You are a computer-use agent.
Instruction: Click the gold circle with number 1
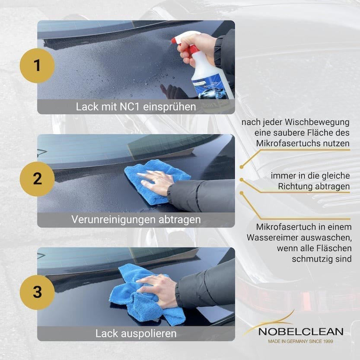(x=37, y=65)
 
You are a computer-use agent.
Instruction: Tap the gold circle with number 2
(x=37, y=179)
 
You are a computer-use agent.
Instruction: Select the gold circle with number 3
(x=37, y=292)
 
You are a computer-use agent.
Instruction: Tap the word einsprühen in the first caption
(x=169, y=107)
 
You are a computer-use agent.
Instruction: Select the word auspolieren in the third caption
(x=149, y=334)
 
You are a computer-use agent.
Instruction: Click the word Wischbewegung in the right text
(x=317, y=122)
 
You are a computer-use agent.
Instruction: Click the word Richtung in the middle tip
(x=295, y=187)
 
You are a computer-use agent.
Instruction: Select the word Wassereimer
(x=272, y=238)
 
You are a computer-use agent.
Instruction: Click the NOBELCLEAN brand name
(x=301, y=332)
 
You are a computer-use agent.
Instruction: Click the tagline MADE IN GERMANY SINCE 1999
(x=300, y=341)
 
